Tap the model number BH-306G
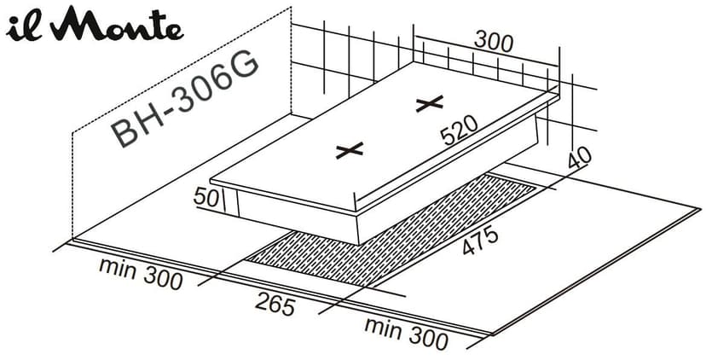coord(185,101)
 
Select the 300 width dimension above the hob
coord(494,43)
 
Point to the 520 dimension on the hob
coord(459,131)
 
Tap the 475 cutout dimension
coord(480,241)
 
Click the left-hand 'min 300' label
coord(141,273)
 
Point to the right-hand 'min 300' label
coord(406,333)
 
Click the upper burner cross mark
coord(430,103)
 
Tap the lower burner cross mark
coord(350,151)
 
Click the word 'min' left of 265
coord(118,267)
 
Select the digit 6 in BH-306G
coord(217,84)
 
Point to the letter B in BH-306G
coord(122,134)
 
